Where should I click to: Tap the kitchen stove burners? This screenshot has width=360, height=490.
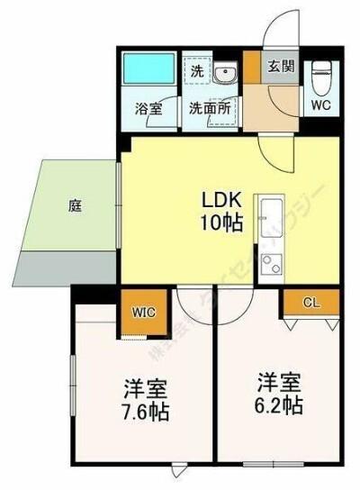269,262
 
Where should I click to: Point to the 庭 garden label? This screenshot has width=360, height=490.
75,205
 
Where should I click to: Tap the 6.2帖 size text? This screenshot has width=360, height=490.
279,404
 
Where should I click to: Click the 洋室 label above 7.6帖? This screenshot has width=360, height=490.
146,391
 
